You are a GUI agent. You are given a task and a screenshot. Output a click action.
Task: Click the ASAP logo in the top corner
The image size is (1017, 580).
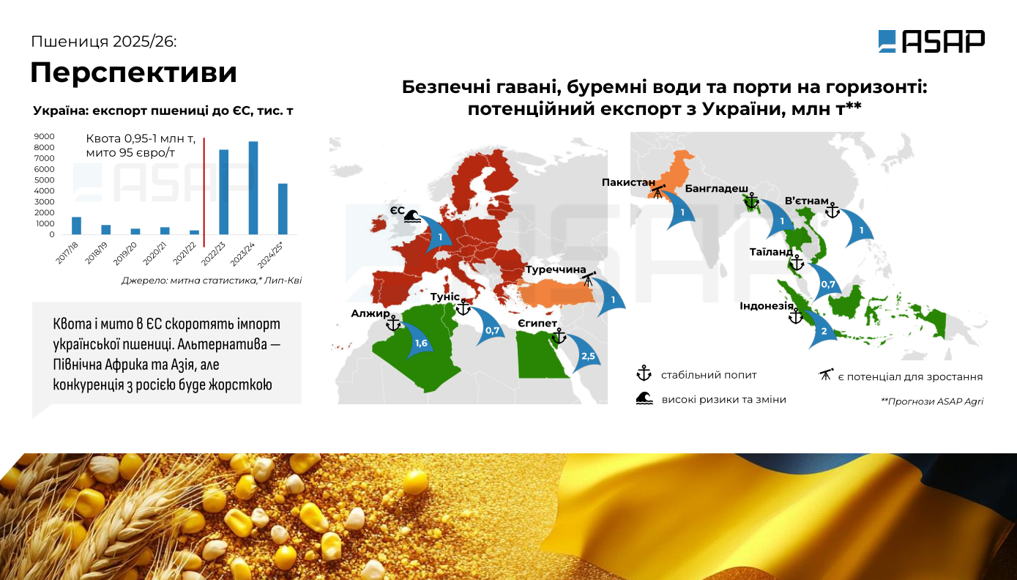[931, 41]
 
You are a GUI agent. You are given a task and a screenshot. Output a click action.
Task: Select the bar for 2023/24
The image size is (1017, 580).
[253, 187]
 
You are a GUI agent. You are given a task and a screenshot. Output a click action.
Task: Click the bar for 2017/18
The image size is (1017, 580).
[76, 226]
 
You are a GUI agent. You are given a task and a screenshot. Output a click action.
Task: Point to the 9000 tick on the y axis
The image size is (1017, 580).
[44, 136]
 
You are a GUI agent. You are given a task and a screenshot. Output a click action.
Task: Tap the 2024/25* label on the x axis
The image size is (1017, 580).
[270, 254]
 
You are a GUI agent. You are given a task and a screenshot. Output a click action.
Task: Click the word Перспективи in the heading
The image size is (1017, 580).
[133, 72]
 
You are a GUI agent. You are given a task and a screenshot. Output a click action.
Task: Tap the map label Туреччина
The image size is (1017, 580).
[556, 269]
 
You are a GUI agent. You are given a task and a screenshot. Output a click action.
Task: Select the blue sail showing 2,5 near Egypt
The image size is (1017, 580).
[586, 354]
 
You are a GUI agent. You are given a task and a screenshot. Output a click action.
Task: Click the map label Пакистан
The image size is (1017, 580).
[628, 182]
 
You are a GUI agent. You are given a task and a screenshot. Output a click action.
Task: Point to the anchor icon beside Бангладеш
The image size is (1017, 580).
[752, 201]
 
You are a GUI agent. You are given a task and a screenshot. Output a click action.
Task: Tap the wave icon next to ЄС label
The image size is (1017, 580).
[412, 216]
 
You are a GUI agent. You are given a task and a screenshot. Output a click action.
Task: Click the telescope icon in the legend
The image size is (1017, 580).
[826, 375]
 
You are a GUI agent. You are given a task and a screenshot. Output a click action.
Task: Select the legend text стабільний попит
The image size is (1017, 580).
[709, 375]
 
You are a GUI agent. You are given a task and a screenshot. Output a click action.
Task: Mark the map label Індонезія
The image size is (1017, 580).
[767, 306]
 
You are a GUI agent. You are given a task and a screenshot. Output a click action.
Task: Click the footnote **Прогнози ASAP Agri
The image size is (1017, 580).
[932, 401]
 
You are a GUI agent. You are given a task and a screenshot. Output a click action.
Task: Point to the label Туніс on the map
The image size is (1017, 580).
[445, 297]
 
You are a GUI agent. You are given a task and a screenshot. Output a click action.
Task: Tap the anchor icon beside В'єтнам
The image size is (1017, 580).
[832, 210]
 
